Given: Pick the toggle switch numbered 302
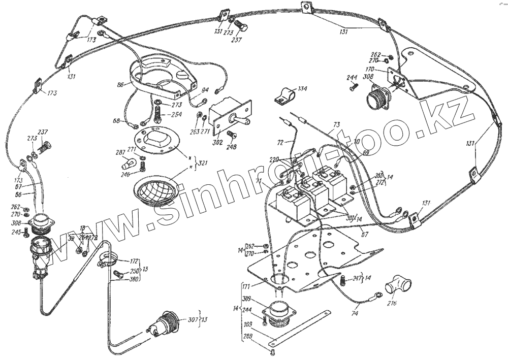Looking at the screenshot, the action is pyautogui.click(x=230, y=117).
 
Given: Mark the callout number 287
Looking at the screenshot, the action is pyautogui.click(x=121, y=152).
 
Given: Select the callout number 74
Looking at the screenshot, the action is pyautogui.click(x=355, y=314).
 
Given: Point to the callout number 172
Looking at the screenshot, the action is pyautogui.click(x=135, y=261).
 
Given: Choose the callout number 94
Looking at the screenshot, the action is pyautogui.click(x=205, y=90).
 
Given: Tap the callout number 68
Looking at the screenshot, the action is pyautogui.click(x=117, y=120).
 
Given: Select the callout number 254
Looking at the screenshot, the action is pyautogui.click(x=176, y=114).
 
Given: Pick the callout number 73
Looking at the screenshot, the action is pyautogui.click(x=336, y=124).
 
